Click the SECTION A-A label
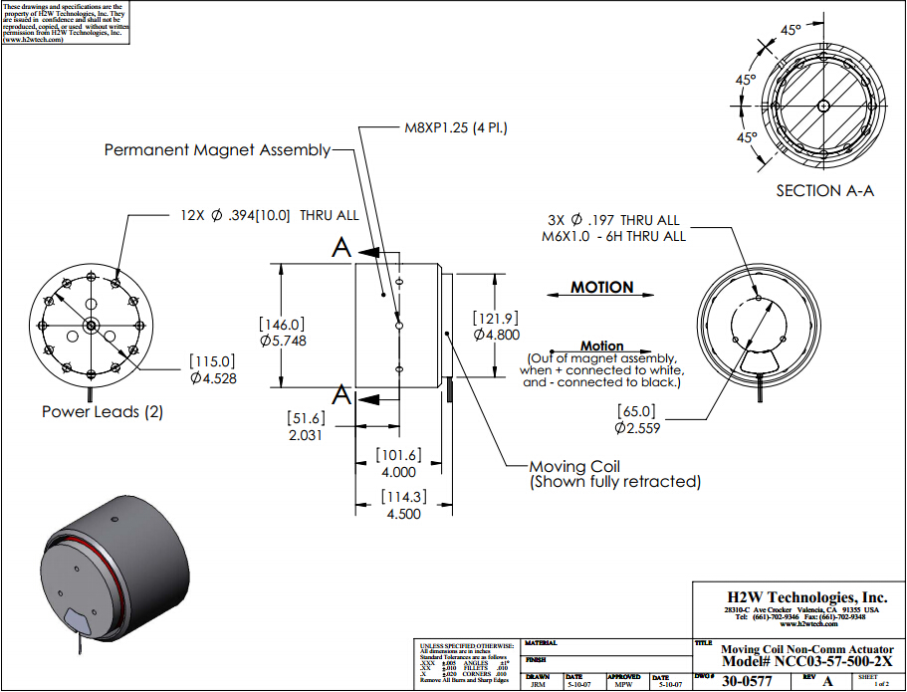coord(824,191)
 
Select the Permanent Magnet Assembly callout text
coord(218,150)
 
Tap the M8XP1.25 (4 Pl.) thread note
coord(464,127)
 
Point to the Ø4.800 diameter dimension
coord(496,335)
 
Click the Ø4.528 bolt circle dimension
coord(213,377)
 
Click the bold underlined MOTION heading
coord(601,288)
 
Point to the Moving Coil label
coord(575,466)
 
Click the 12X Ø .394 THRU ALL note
coord(269,215)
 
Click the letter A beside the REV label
coord(827,682)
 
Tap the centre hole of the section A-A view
coord(821,106)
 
